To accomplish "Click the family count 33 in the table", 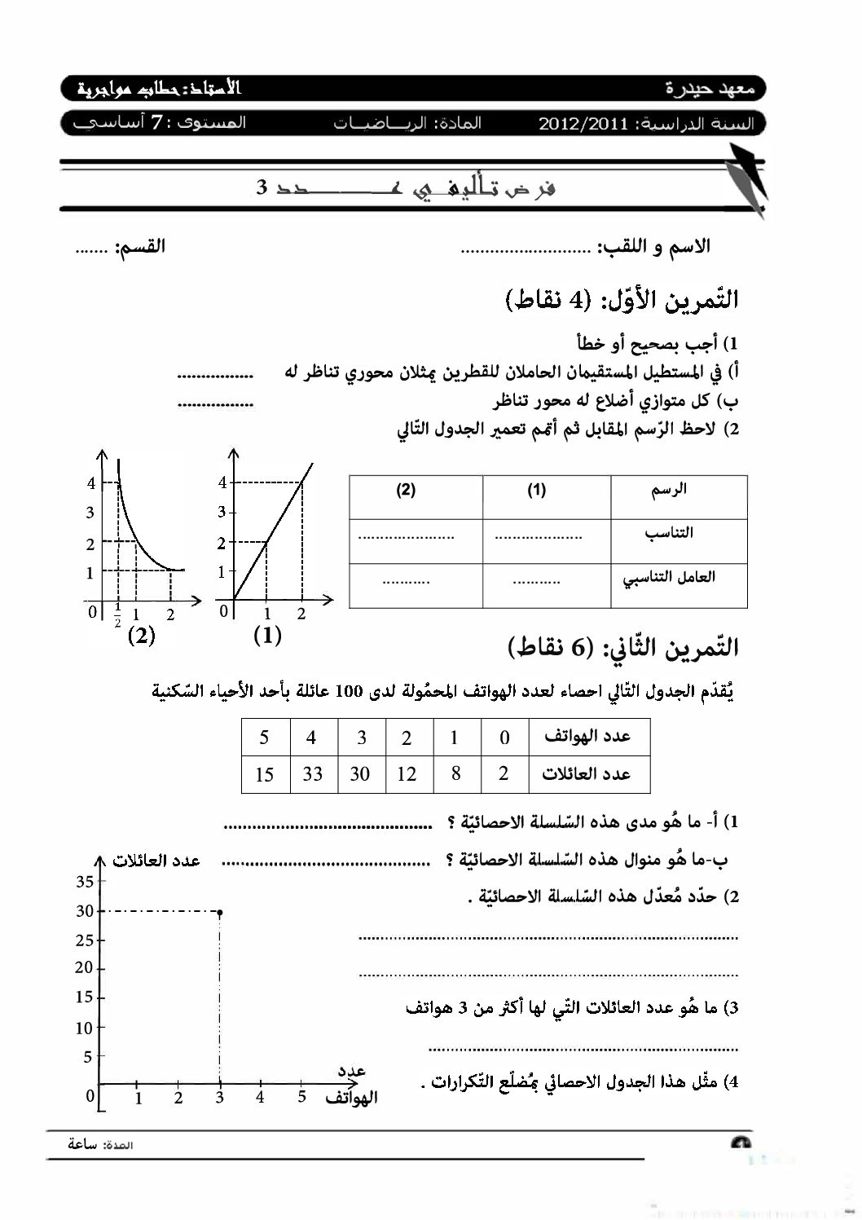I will pos(313,774).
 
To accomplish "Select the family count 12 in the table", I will pos(407,774).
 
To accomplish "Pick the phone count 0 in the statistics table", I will pos(504,738).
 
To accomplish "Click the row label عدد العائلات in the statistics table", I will pos(587,773).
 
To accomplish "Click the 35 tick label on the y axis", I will pos(85,881).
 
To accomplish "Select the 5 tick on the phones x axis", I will pos(301,1097).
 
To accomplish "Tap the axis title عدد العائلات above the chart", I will pos(156,861).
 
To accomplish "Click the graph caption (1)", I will pos(267,635).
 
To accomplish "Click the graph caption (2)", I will pos(142,635).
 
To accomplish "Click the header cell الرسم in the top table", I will pos(670,489).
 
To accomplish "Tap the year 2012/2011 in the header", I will pos(583,124).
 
